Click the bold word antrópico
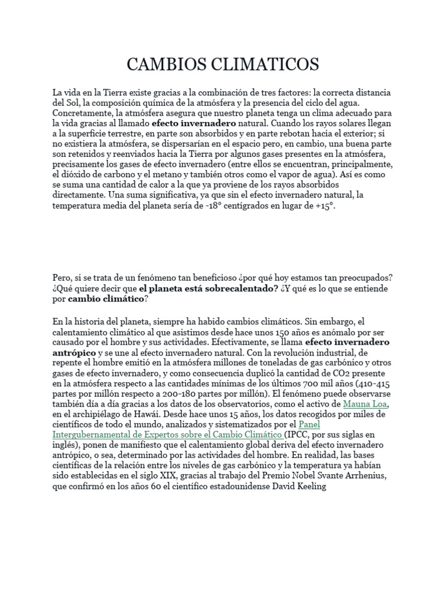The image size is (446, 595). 76,353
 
